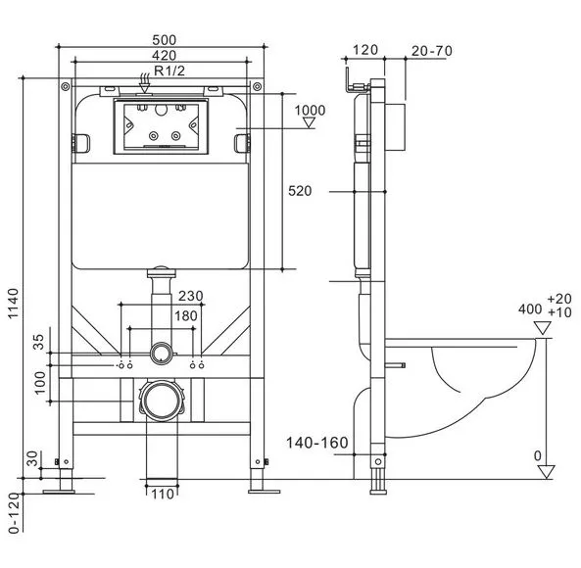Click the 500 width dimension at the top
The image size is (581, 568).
pyautogui.click(x=165, y=39)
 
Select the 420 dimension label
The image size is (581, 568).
pyautogui.click(x=165, y=55)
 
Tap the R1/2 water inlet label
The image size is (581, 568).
pyautogui.click(x=169, y=71)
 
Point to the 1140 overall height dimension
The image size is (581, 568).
pyautogui.click(x=13, y=304)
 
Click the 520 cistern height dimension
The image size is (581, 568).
pyautogui.click(x=300, y=191)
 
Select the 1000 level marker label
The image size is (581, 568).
pyautogui.click(x=310, y=110)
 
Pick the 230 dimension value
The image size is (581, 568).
pyautogui.click(x=191, y=296)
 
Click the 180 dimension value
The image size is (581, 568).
pyautogui.click(x=186, y=316)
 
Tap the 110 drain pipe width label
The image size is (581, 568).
pyautogui.click(x=163, y=494)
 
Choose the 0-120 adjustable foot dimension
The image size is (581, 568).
pyautogui.click(x=14, y=513)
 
